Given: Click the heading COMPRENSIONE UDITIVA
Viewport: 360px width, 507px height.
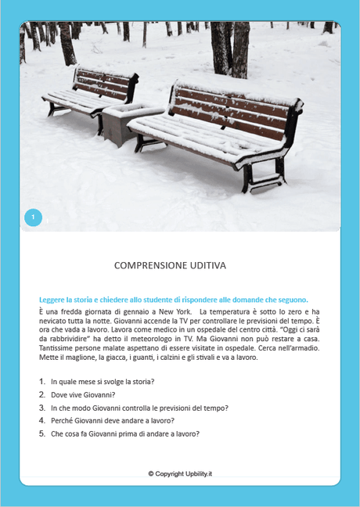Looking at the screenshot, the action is point(170,265).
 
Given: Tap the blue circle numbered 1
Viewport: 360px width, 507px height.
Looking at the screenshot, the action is point(33,217).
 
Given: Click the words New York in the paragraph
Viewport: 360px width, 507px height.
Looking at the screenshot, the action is point(171,312).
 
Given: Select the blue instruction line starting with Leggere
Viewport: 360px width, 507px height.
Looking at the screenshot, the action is point(174,300).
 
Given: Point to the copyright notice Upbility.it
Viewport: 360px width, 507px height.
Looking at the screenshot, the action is point(180,473).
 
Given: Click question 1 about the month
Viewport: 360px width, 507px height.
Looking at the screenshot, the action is point(102,382).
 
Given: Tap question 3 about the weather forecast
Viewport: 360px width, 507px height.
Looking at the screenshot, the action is point(128,408).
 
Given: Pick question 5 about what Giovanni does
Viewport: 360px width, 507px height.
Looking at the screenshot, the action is point(125,433).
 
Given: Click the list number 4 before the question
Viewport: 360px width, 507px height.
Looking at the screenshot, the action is point(42,421).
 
